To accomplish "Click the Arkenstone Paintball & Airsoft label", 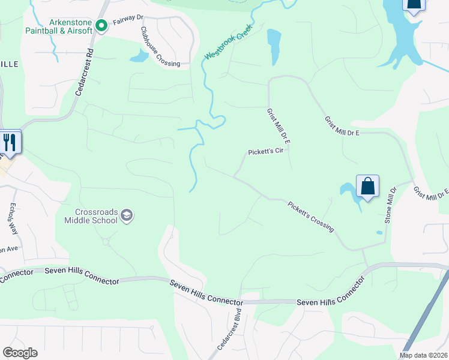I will coord(58,26).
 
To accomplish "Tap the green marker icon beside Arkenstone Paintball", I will coord(101,25).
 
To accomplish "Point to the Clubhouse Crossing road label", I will coord(160,47).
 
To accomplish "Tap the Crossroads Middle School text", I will coord(91,216).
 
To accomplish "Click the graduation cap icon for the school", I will coord(127,215).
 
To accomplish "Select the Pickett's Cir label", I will coord(266,151).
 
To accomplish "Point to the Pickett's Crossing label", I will coord(310,215).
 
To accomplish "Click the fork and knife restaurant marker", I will coord(10,143).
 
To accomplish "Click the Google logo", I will coord(20,353).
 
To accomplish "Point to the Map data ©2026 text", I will coord(423,355).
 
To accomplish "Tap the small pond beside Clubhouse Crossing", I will coord(139,56).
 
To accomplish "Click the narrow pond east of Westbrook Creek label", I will coord(274,46).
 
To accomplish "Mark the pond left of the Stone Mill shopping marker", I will coord(348,191).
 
